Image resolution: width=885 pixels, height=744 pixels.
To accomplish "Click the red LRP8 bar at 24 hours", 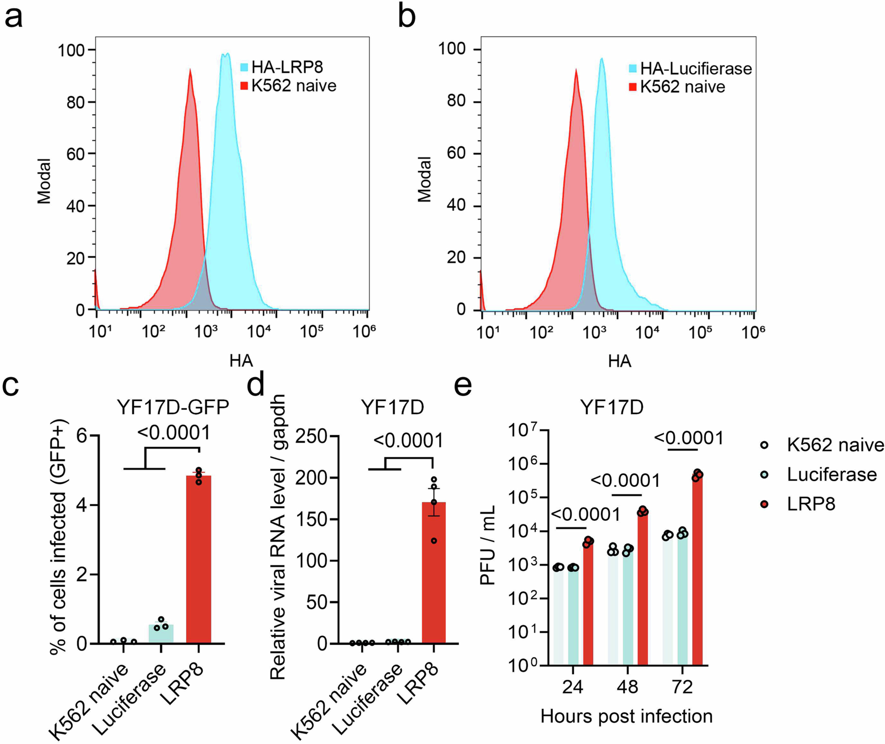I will click(x=588, y=603).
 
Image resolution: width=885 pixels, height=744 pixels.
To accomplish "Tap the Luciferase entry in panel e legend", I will click(x=831, y=475).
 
